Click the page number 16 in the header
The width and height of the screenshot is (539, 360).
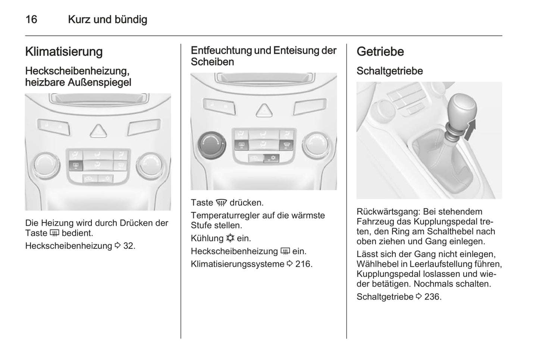[x=31, y=19]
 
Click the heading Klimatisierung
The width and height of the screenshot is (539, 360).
[x=64, y=51]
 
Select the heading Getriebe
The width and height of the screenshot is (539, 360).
[x=380, y=51]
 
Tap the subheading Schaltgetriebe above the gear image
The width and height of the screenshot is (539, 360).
[x=389, y=71]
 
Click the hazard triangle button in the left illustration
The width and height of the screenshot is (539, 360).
[x=98, y=131]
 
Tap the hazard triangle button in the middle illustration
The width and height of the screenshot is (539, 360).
[x=264, y=110]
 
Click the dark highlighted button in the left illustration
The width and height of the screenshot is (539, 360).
[x=75, y=165]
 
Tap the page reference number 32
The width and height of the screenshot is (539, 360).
[x=128, y=246]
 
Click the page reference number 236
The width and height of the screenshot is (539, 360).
[x=432, y=297]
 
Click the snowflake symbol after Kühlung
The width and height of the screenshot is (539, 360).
[x=230, y=238]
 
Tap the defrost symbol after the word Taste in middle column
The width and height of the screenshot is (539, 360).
[x=221, y=203]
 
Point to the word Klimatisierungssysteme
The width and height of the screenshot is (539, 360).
[x=237, y=264]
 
